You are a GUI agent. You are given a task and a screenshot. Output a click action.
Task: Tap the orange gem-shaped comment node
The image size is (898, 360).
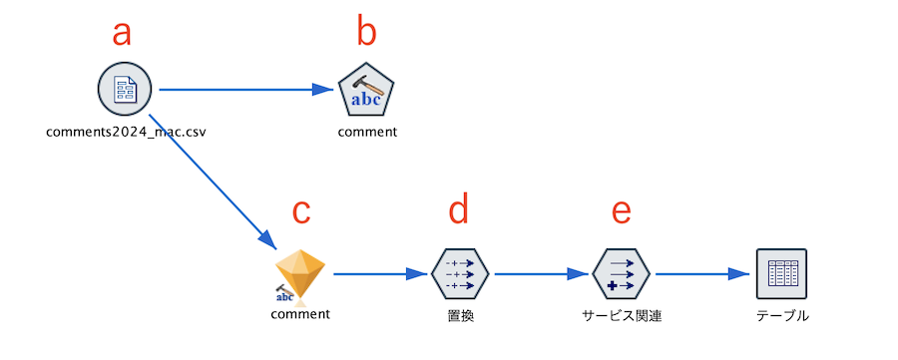click(300, 273)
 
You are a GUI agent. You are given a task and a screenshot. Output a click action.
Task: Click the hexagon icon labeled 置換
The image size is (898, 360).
click(461, 273)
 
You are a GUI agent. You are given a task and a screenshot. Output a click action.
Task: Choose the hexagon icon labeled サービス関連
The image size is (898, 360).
click(622, 273)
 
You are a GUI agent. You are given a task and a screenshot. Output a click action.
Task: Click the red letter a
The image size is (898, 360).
click(122, 33)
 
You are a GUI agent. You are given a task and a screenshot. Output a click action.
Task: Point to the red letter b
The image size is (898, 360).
click(367, 33)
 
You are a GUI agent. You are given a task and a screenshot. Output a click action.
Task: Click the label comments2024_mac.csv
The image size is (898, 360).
click(126, 131)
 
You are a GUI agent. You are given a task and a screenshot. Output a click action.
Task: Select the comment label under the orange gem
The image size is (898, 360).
click(300, 314)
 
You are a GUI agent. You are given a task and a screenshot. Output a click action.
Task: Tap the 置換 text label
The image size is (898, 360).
click(461, 316)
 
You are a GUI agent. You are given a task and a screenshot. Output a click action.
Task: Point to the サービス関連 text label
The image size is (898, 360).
click(622, 316)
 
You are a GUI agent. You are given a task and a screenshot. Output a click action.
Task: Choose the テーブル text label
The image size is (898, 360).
click(781, 316)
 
